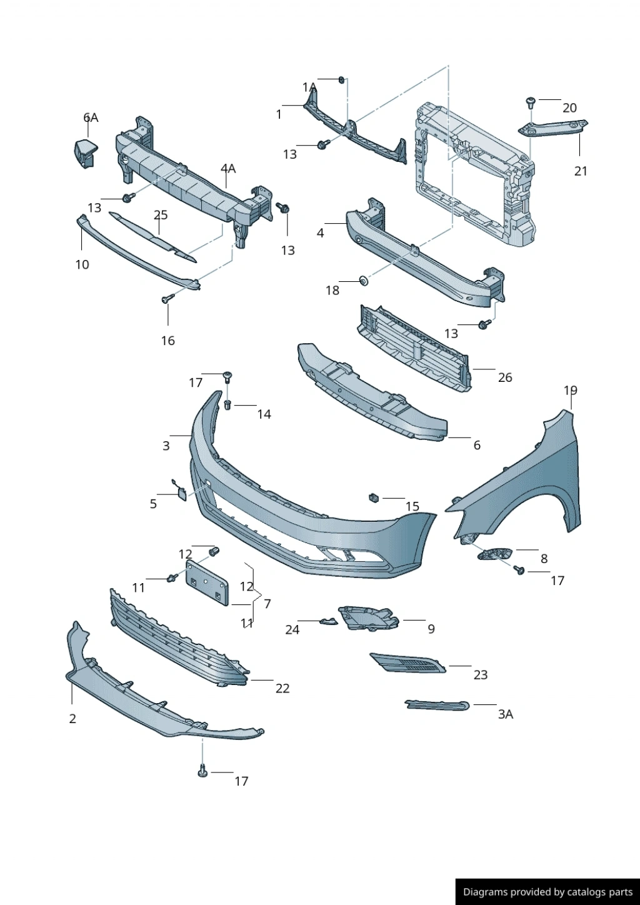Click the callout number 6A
(x=91, y=117)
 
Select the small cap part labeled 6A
(x=85, y=152)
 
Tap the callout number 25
(x=161, y=215)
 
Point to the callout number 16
(x=167, y=341)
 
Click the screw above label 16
(x=167, y=299)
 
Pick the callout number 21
(x=581, y=171)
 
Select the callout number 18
(x=332, y=290)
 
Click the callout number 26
(x=505, y=377)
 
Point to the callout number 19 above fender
(x=570, y=391)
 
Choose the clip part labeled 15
(x=374, y=497)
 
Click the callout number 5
(x=153, y=504)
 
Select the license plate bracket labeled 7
(x=206, y=582)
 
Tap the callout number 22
(x=282, y=688)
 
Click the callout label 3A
(x=505, y=714)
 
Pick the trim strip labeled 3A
(x=437, y=705)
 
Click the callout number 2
(x=72, y=719)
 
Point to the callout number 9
(x=431, y=629)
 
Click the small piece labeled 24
(x=329, y=621)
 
